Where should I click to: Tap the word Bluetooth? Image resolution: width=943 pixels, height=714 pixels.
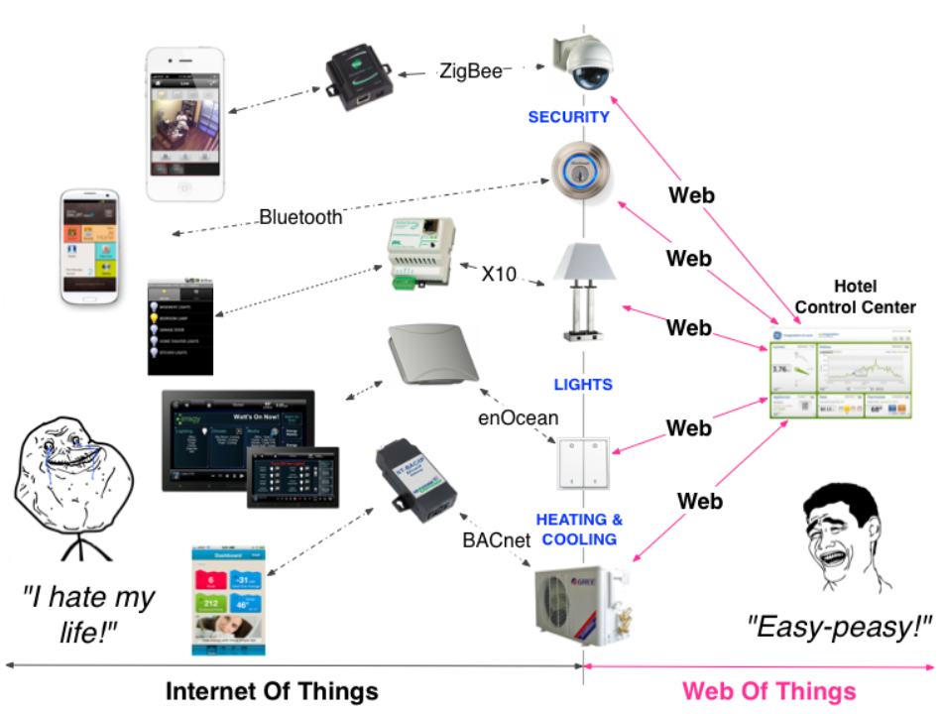[x=300, y=216]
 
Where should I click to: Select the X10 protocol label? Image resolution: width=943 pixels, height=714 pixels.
[x=499, y=274]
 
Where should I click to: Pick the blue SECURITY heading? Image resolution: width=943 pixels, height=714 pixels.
[x=568, y=117]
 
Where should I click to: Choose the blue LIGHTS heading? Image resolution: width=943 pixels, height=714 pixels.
[x=583, y=384]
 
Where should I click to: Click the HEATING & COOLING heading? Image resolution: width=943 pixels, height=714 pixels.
[x=579, y=529]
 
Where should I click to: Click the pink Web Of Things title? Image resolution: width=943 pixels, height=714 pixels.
[x=769, y=690]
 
